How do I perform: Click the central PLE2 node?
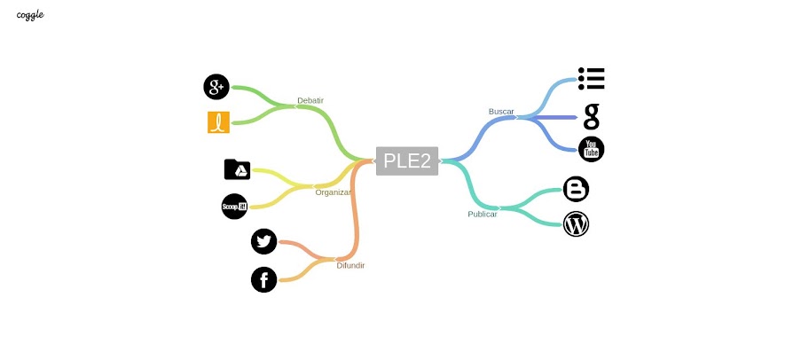tap(407, 160)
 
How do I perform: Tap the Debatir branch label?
tap(310, 100)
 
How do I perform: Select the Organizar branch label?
tap(333, 192)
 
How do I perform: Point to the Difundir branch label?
tap(350, 265)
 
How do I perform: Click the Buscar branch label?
tap(501, 112)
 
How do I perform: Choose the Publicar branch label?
tap(483, 214)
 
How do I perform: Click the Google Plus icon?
tap(216, 87)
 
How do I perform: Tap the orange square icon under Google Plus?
tap(218, 122)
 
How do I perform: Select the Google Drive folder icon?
tap(237, 169)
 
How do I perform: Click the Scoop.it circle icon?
tap(234, 206)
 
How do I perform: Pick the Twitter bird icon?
tap(264, 241)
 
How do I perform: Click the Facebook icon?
tap(264, 280)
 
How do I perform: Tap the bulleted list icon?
tap(591, 79)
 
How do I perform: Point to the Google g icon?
tap(592, 116)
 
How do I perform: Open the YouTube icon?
tap(592, 150)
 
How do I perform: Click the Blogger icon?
tap(577, 189)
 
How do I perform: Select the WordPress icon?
tap(577, 224)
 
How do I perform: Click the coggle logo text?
tap(30, 15)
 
